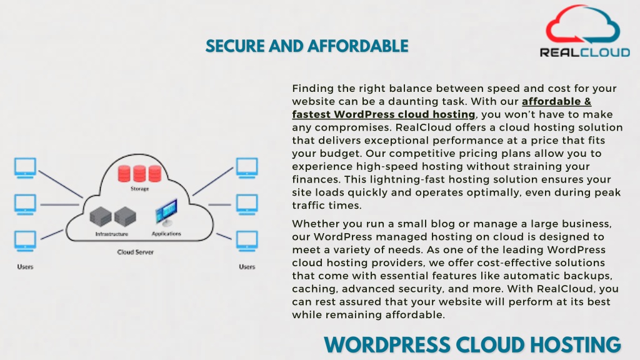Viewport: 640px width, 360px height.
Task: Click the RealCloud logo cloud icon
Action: (583, 24)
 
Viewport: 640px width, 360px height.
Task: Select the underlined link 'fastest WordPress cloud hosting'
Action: (384, 114)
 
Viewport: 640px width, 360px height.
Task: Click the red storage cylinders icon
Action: (139, 174)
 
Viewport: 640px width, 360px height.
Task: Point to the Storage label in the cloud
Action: (139, 189)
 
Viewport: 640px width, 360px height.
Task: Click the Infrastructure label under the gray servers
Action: (111, 234)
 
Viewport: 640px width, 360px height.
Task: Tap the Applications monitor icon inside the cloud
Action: (166, 212)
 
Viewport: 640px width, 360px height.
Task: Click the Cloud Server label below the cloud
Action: (136, 252)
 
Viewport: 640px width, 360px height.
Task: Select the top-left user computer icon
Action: (25, 168)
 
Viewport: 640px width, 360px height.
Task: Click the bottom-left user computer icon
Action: (25, 241)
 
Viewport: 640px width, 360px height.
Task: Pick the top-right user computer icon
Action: (247, 168)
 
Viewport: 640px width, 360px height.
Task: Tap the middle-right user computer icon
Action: (247, 204)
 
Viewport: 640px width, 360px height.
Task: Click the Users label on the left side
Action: (25, 266)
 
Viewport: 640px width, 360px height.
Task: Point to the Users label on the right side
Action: (247, 266)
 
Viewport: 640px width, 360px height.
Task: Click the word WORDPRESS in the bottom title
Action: (387, 345)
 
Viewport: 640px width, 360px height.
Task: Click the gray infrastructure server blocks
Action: (113, 216)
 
